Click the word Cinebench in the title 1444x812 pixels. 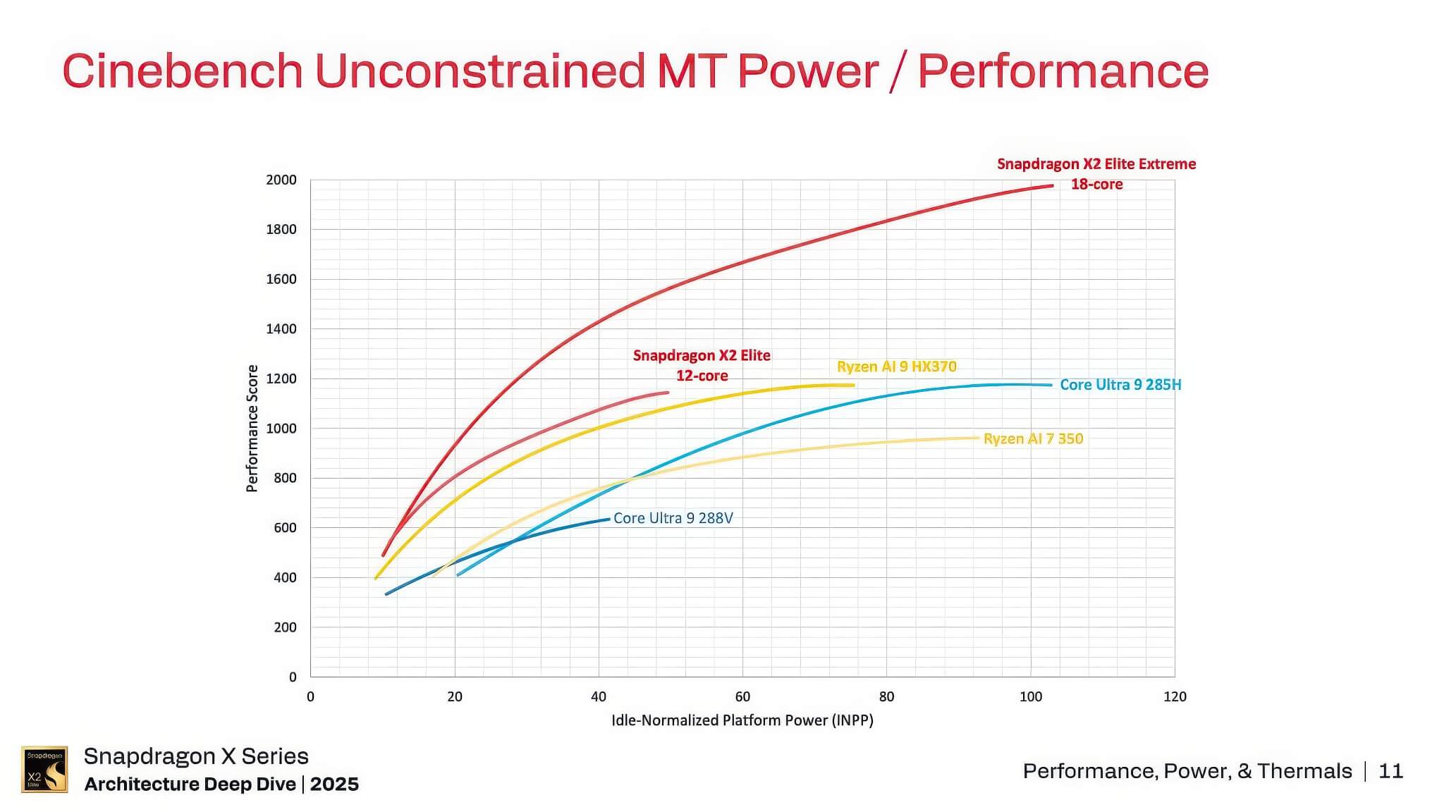pyautogui.click(x=183, y=71)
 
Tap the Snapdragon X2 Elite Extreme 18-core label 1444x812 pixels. pyautogui.click(x=1096, y=173)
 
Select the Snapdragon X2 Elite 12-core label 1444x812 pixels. pyautogui.click(x=702, y=365)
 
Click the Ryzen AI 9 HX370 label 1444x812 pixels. pyautogui.click(x=896, y=367)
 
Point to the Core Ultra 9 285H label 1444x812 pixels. pyautogui.click(x=1120, y=385)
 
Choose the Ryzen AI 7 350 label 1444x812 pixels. pyautogui.click(x=1033, y=438)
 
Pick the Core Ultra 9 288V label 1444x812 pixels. pyautogui.click(x=673, y=518)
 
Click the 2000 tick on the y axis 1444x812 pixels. pyautogui.click(x=281, y=180)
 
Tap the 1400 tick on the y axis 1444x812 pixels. pyautogui.click(x=281, y=329)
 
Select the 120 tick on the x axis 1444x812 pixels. pyautogui.click(x=1175, y=697)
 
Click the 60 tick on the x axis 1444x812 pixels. pyautogui.click(x=742, y=697)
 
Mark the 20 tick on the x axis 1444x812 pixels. pyautogui.click(x=455, y=697)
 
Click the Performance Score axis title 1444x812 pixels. pyautogui.click(x=252, y=429)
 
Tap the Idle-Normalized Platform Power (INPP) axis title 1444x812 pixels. pyautogui.click(x=742, y=720)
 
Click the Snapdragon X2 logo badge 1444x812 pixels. pyautogui.click(x=44, y=769)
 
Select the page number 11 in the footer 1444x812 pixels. pyautogui.click(x=1390, y=771)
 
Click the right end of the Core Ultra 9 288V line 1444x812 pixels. pyautogui.click(x=608, y=519)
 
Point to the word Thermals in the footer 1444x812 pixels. pyautogui.click(x=1304, y=771)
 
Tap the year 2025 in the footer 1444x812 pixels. pyautogui.click(x=334, y=785)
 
